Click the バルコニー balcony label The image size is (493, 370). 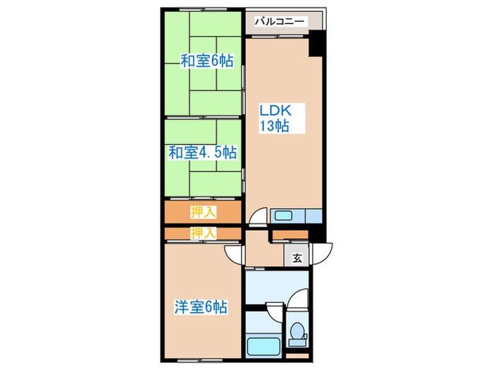click(x=280, y=22)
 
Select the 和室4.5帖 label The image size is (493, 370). click(x=202, y=152)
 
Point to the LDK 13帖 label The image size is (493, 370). click(x=273, y=118)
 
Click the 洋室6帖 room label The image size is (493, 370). click(x=201, y=307)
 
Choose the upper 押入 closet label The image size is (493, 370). click(x=203, y=211)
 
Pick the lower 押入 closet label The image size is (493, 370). click(x=203, y=233)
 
